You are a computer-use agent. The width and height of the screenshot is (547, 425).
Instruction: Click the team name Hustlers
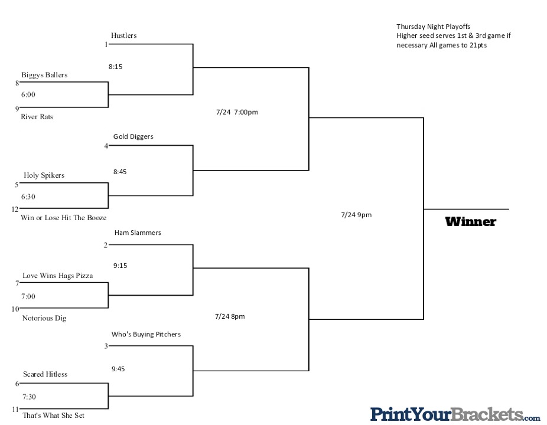click(124, 35)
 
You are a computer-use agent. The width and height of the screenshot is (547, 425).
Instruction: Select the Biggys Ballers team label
click(44, 75)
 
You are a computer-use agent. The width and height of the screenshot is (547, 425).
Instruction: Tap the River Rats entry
click(37, 117)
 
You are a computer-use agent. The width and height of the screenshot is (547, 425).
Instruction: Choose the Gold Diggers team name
click(134, 137)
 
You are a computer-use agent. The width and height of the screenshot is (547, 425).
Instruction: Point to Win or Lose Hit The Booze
click(63, 218)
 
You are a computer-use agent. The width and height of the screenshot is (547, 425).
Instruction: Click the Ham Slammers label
click(138, 233)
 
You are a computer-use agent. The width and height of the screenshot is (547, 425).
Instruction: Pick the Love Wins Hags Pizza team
click(58, 276)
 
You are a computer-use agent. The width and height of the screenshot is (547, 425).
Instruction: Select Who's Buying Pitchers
click(146, 334)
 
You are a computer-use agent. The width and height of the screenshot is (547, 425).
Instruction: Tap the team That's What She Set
click(54, 415)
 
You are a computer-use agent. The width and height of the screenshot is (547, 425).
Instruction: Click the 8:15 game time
click(115, 67)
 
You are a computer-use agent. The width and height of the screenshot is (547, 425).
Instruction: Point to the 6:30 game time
click(28, 197)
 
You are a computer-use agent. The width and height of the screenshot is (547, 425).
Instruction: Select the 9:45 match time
click(118, 369)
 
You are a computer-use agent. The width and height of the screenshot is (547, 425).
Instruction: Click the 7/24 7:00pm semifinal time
click(237, 112)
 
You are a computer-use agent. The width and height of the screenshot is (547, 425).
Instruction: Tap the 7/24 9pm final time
click(356, 215)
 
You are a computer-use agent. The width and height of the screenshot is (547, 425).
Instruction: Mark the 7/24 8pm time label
click(230, 316)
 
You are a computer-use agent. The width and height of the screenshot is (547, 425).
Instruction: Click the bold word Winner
click(471, 222)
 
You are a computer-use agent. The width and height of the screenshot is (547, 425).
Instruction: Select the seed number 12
click(15, 209)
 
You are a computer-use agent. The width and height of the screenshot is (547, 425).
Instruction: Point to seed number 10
click(15, 309)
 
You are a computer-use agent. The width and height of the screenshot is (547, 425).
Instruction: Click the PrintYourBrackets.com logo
click(455, 414)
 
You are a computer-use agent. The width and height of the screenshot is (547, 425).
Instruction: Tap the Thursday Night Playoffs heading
click(433, 27)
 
